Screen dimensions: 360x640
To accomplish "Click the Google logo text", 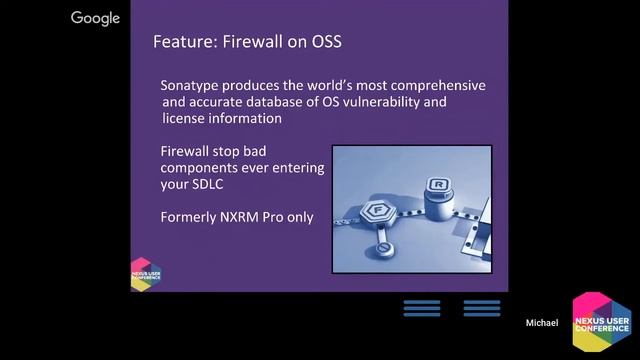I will tap(96, 18).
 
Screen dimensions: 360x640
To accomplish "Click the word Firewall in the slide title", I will tap(249, 43).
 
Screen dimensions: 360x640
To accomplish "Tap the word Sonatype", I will tap(196, 84).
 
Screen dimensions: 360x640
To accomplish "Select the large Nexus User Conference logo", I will tap(601, 324).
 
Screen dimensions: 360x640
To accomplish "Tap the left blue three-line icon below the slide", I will tap(422, 308).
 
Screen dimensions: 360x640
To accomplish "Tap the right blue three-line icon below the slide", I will tap(481, 308).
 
